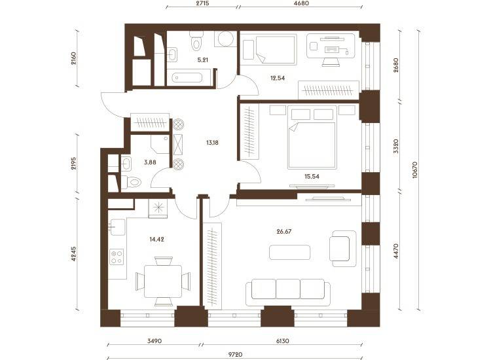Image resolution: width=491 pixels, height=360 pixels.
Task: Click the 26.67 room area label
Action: pyautogui.click(x=283, y=232)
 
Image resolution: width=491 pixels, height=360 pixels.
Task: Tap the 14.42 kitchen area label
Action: pyautogui.click(x=156, y=240)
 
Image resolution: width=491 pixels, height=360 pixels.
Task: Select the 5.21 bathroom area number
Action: pyautogui.click(x=203, y=60)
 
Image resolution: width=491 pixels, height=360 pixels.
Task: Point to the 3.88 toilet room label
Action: pyautogui.click(x=150, y=162)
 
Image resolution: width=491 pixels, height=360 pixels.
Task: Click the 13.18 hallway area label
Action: pyautogui.click(x=212, y=143)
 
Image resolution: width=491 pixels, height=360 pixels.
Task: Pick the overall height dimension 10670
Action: pyautogui.click(x=415, y=170)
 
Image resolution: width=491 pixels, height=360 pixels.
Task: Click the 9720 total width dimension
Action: pyautogui.click(x=235, y=355)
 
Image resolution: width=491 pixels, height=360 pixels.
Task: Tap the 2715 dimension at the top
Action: pyautogui.click(x=202, y=3)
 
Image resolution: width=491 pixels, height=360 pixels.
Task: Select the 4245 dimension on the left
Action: pyautogui.click(x=73, y=254)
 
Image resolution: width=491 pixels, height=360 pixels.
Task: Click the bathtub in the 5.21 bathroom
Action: pyautogui.click(x=187, y=77)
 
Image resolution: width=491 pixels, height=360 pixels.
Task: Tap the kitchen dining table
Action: pyautogui.click(x=163, y=281)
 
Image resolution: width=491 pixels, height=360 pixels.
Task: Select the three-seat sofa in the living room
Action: pyautogui.click(x=288, y=293)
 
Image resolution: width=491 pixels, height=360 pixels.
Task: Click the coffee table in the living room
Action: pyautogui.click(x=289, y=252)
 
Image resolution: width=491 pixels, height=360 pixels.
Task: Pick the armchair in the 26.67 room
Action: pyautogui.click(x=343, y=249)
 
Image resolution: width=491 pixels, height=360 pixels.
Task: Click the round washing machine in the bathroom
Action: pyautogui.click(x=225, y=39)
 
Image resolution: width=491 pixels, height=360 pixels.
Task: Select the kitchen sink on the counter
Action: pyautogui.click(x=117, y=226)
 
